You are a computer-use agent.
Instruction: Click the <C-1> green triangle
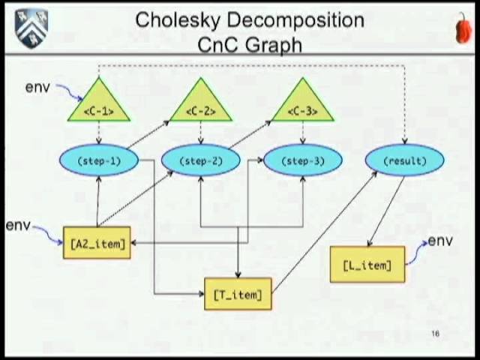click(98, 106)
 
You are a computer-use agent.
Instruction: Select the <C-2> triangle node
click(200, 106)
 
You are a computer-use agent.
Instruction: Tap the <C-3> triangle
click(302, 106)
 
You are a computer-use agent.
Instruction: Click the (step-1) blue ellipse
click(98, 160)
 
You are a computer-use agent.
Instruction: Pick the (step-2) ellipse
click(200, 160)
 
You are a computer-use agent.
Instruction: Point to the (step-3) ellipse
click(302, 160)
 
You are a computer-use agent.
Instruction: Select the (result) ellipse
click(404, 160)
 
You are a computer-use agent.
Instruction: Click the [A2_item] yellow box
click(97, 243)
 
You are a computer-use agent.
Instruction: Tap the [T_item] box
click(238, 294)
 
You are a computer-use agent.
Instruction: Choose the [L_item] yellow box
click(367, 265)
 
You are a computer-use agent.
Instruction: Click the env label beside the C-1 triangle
click(37, 87)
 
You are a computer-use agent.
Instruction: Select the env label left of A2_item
click(18, 225)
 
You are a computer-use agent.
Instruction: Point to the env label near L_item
click(439, 241)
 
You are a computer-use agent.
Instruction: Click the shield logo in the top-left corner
click(31, 28)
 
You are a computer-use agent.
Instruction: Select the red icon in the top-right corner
click(464, 29)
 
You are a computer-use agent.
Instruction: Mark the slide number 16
click(435, 334)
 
